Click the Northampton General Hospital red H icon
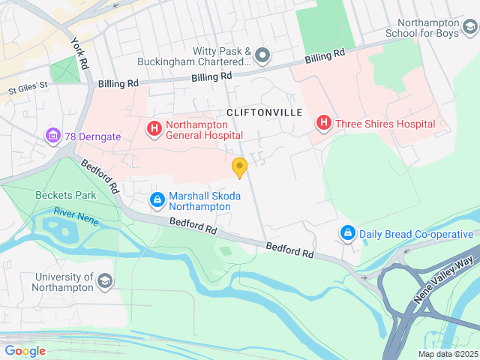(x=154, y=129)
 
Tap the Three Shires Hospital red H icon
(x=324, y=122)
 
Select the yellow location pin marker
(x=239, y=168)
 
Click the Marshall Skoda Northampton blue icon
(x=157, y=199)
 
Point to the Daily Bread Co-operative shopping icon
(x=347, y=234)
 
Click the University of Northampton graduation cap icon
(x=105, y=281)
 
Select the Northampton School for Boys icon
(x=469, y=28)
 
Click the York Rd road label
(x=79, y=53)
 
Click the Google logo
(x=25, y=350)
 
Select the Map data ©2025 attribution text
(x=447, y=354)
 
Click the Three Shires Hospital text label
(x=385, y=124)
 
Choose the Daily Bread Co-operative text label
(x=416, y=234)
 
